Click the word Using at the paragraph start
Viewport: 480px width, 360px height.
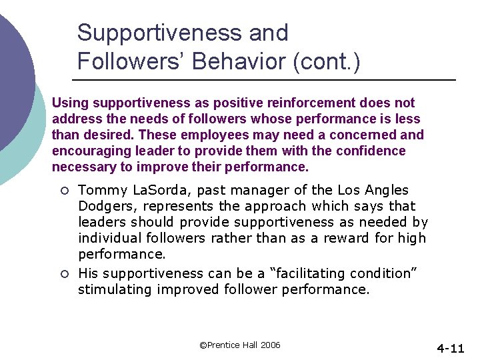click(71, 103)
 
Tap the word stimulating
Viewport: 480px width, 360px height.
click(115, 289)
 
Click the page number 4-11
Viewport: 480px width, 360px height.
click(451, 348)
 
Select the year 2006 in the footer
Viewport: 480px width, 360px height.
click(270, 345)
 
